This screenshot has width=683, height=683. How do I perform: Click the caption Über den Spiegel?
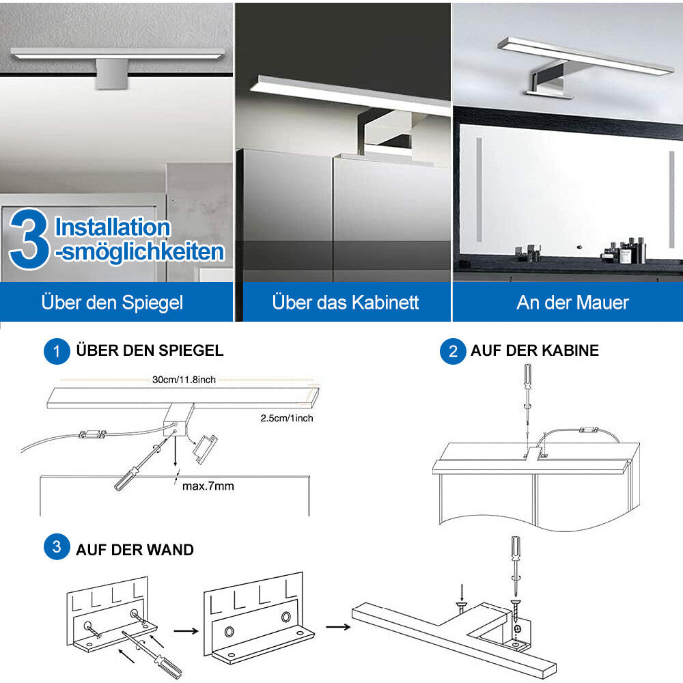pos(113,302)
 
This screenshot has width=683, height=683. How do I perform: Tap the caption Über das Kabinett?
pos(345,302)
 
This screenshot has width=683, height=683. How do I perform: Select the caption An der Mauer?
pos(572,302)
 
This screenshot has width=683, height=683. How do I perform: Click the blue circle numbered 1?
pos(57,351)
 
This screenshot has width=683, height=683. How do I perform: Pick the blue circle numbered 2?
pos(452,351)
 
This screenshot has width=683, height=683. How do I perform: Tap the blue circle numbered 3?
pos(57,548)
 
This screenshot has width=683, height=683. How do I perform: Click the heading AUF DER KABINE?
pos(534,350)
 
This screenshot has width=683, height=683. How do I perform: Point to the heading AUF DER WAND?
pos(135,549)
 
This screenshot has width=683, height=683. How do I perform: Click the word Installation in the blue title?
pos(112,227)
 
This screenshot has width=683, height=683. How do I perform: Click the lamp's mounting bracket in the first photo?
pos(111,73)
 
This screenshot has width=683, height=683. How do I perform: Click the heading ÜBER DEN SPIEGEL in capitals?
pos(150,350)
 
